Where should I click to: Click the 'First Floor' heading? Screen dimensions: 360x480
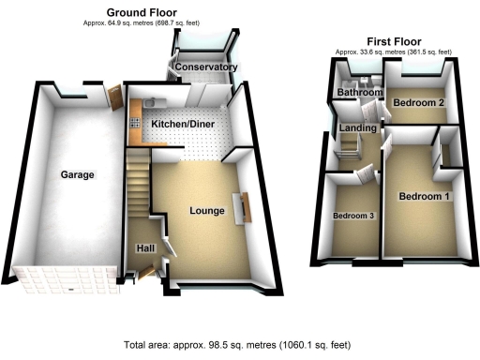coord(394,41)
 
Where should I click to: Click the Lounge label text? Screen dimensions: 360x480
coord(206,211)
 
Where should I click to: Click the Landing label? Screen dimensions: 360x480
coord(358,127)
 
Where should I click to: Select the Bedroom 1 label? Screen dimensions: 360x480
coord(425,197)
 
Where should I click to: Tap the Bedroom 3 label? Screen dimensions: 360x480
coord(354,216)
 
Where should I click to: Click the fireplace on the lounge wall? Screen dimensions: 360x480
coord(247,207)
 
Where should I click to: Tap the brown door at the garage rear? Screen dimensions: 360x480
coord(115,97)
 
